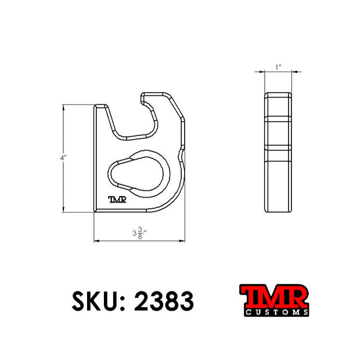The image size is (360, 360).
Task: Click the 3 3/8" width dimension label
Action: (x=139, y=233)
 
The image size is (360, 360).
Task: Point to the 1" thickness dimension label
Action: (x=279, y=67)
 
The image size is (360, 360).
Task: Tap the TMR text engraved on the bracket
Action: (x=117, y=200)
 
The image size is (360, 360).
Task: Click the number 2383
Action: (x=164, y=301)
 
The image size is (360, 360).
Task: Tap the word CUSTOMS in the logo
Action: (x=276, y=312)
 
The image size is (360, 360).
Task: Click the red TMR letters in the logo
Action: (x=275, y=296)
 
